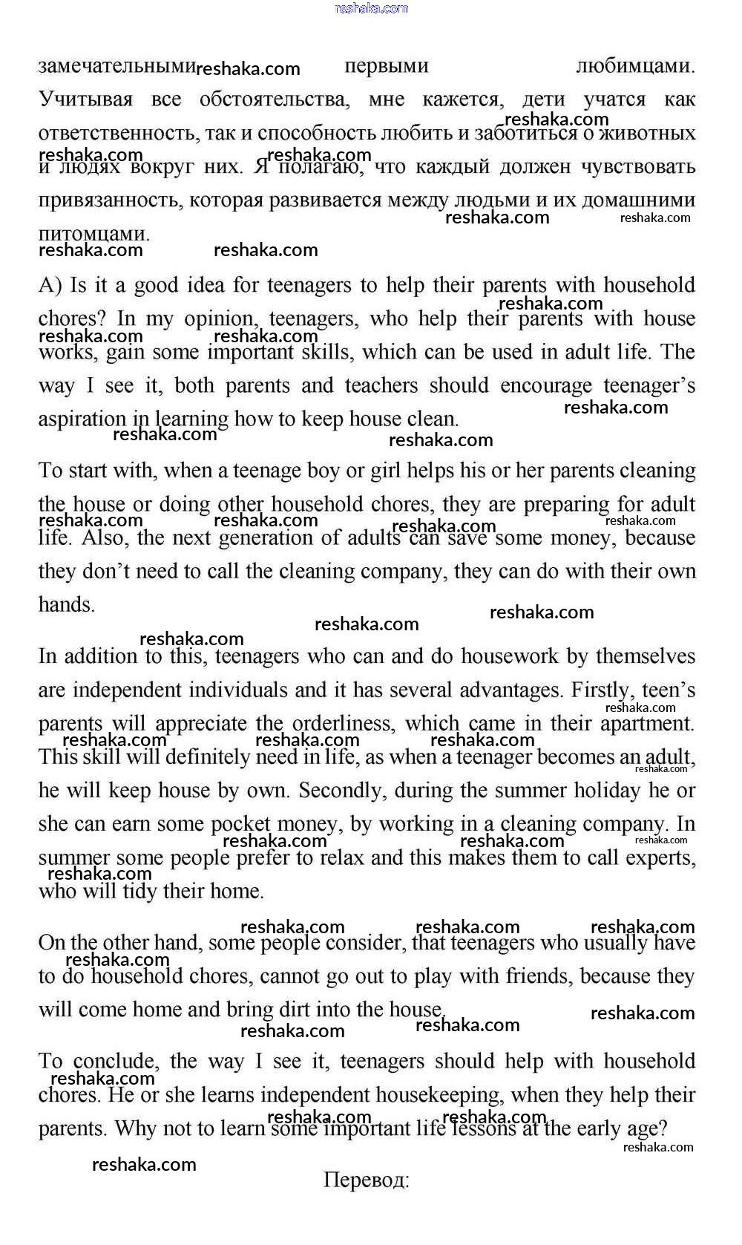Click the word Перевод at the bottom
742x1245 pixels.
(x=365, y=1180)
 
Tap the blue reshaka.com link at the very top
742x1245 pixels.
(x=372, y=8)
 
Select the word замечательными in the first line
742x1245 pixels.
(x=116, y=66)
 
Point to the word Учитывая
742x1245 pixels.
(x=85, y=99)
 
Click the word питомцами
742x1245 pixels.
(x=93, y=233)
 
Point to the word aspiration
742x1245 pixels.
(x=82, y=419)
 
